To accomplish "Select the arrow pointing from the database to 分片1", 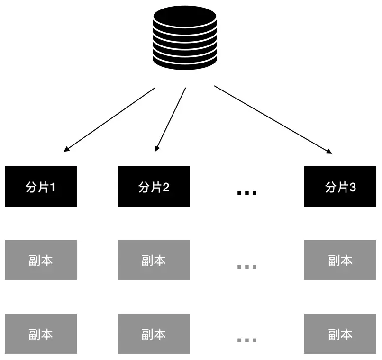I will coord(109,119).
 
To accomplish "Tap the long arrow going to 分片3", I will coord(273,119).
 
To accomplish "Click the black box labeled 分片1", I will coord(41,187).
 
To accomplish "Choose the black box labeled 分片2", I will coord(154,187).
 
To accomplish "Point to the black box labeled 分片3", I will coord(340,187).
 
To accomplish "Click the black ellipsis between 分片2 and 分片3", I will coord(246,192).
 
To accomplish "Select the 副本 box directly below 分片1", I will coord(41,260).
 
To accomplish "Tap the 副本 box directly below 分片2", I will coord(154,260).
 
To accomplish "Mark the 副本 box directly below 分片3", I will coord(340,260).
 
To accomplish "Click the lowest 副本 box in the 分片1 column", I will coord(41,334).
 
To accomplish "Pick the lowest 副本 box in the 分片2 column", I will coord(154,334).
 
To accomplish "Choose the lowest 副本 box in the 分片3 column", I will coord(340,334).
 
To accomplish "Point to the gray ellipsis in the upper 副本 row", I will coord(246,266).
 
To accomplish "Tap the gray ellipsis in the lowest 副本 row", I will coord(246,340).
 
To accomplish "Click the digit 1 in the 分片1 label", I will coord(53,187).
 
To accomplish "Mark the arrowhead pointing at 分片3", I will coord(329,152).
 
